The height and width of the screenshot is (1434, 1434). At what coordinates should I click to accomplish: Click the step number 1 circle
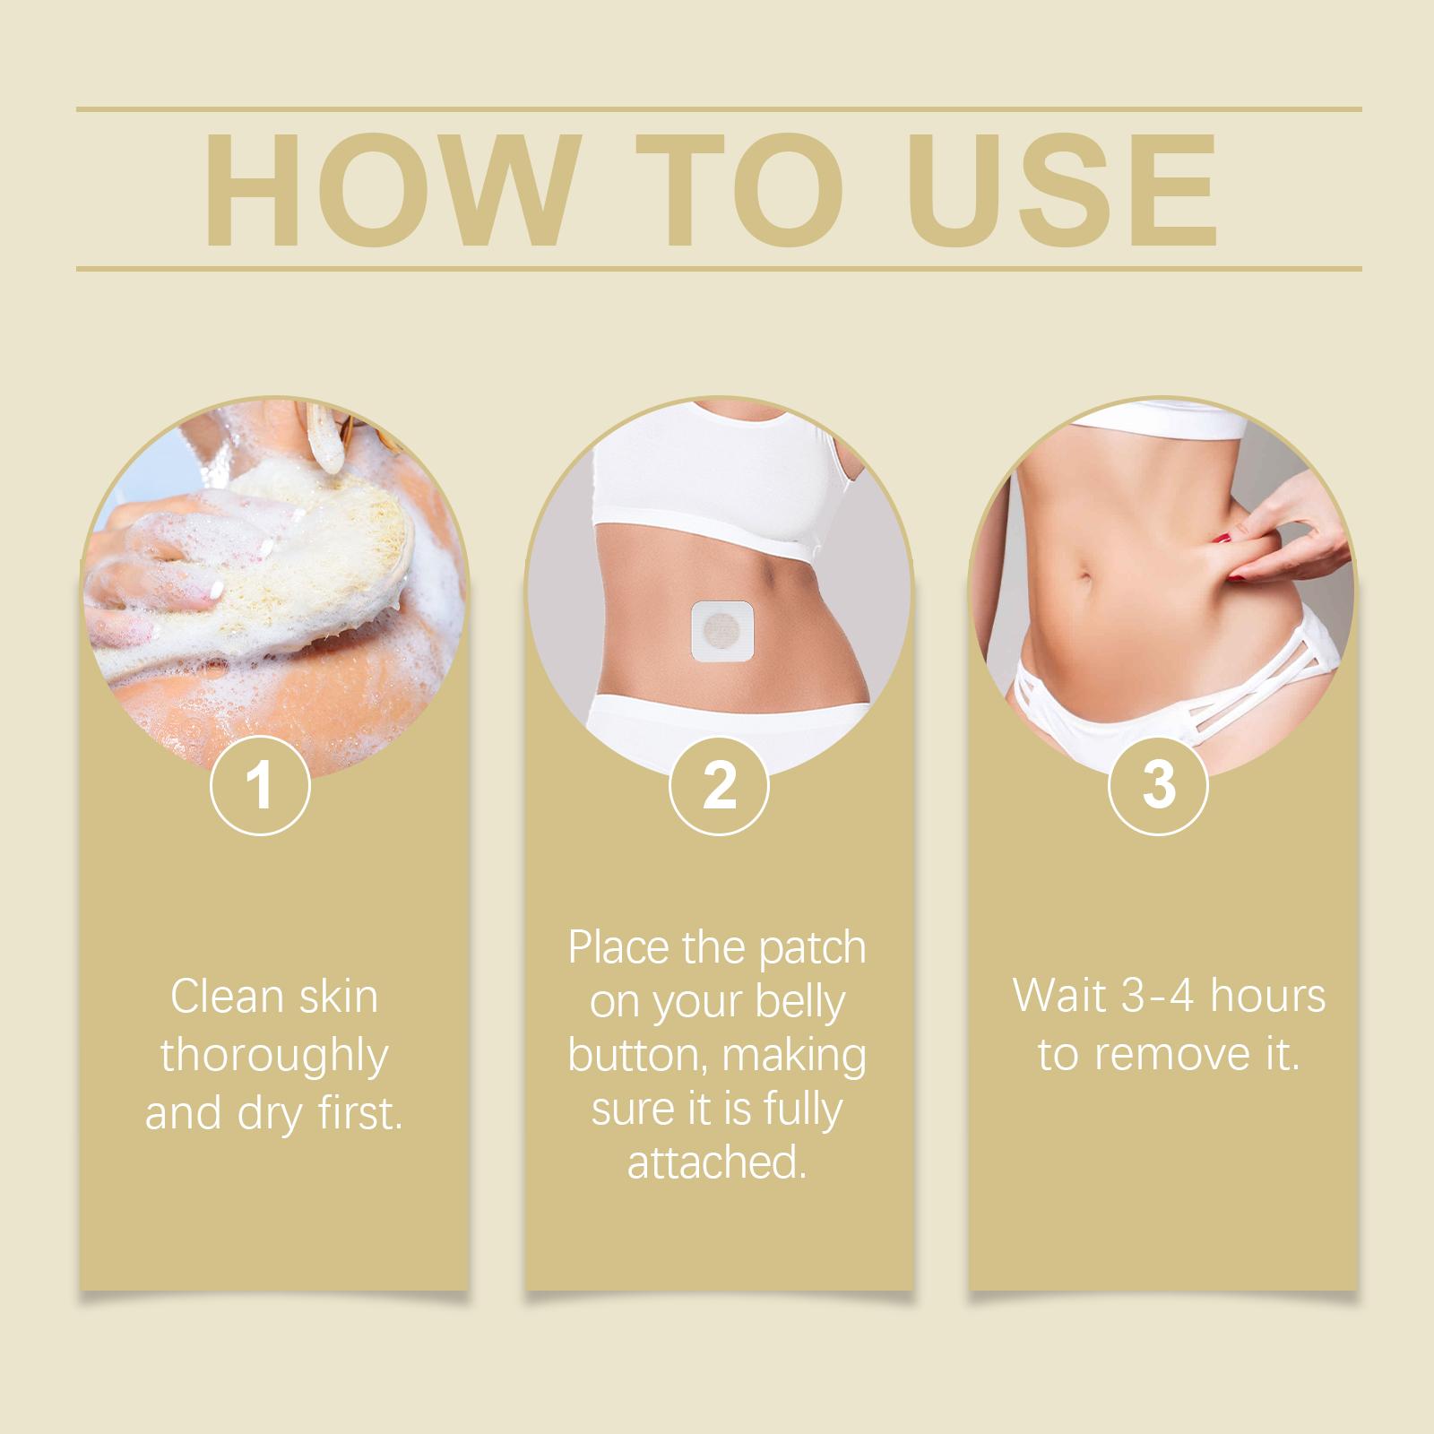260,785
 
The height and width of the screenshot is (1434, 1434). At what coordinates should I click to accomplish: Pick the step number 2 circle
719,785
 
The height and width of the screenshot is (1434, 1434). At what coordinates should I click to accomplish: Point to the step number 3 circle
1159,785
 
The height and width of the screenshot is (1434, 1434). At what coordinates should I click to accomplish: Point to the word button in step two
639,1055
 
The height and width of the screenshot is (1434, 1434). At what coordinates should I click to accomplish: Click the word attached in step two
713,1162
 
